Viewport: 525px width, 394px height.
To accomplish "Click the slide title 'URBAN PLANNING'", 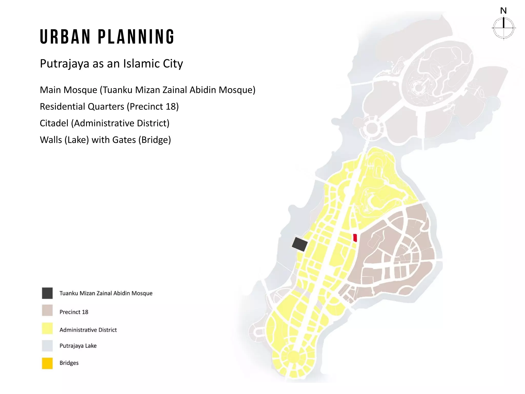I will click(x=107, y=37).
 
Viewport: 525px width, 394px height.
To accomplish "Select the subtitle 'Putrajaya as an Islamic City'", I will click(x=111, y=63).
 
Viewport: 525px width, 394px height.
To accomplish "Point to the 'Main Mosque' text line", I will click(x=147, y=90).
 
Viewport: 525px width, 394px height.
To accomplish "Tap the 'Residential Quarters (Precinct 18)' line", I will click(x=109, y=106).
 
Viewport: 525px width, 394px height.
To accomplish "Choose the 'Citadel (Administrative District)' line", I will click(x=105, y=123).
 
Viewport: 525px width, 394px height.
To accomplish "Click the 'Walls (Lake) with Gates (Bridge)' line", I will click(x=105, y=140).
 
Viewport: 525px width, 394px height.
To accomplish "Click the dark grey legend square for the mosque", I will click(x=47, y=293).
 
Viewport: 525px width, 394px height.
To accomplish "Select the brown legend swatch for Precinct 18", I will click(x=47, y=310).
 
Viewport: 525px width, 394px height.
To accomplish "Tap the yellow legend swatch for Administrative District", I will click(x=47, y=328).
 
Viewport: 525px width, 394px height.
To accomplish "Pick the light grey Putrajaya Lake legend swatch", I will click(x=47, y=346).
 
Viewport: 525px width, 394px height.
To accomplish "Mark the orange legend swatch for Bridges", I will click(x=47, y=363).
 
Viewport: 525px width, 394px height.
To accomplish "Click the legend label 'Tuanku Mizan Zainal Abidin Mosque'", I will click(x=106, y=293).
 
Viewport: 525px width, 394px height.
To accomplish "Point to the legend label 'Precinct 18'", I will click(x=74, y=312).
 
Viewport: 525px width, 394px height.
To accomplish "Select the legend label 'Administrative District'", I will click(x=88, y=330).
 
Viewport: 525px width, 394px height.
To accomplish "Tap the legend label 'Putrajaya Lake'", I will click(x=78, y=346).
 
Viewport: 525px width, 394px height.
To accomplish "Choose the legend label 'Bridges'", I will click(x=69, y=363).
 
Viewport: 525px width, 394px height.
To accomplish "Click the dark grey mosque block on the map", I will click(x=300, y=244).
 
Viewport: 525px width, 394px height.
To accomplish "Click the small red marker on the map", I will click(x=355, y=238).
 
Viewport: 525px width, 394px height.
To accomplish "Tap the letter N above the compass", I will click(x=503, y=11).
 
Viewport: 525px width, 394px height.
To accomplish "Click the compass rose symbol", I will click(x=504, y=28).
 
